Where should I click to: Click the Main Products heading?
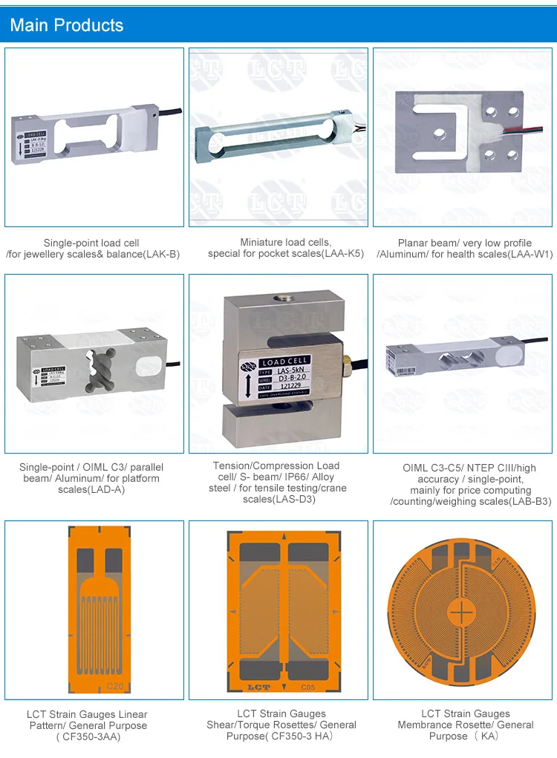click(x=67, y=25)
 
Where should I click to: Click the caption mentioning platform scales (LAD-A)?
click(x=91, y=478)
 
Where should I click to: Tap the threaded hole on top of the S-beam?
click(x=282, y=298)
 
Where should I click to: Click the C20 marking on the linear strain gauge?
click(x=115, y=685)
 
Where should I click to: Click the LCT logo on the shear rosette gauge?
click(x=258, y=687)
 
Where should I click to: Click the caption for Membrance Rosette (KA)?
click(x=465, y=725)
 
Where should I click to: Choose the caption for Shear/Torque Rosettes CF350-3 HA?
click(x=281, y=725)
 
